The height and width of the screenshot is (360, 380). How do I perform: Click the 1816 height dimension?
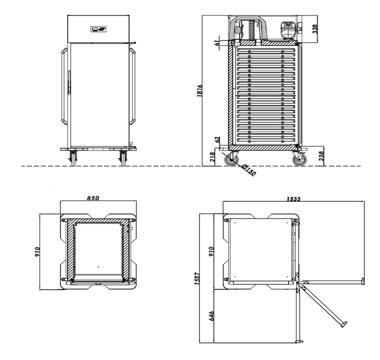click(x=199, y=91)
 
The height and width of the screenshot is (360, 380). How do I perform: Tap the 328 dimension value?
click(x=315, y=29)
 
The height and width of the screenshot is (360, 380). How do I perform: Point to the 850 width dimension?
click(x=93, y=198)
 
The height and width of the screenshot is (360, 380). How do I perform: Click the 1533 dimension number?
click(x=293, y=199)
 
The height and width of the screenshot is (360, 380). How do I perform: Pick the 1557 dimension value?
click(x=197, y=278)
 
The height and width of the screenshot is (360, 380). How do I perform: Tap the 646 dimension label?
click(x=211, y=316)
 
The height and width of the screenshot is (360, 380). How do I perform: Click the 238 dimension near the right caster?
click(x=321, y=156)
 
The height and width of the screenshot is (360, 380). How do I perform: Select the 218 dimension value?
click(x=212, y=157)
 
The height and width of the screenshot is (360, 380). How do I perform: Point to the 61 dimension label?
click(x=217, y=43)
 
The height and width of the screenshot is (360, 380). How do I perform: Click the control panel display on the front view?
click(x=99, y=29)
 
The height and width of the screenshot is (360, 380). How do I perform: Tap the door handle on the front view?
click(x=69, y=82)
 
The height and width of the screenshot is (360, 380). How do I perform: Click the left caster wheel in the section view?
click(x=232, y=159)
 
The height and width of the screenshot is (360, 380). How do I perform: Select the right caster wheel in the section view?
click(x=300, y=159)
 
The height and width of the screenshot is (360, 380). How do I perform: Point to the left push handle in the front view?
click(x=64, y=87)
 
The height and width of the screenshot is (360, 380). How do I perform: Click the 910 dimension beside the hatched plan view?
click(x=37, y=252)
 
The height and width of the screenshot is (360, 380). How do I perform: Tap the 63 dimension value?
click(x=217, y=140)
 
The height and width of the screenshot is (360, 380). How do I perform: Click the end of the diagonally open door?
click(x=344, y=325)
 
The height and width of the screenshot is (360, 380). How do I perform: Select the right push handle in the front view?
click(x=132, y=87)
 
